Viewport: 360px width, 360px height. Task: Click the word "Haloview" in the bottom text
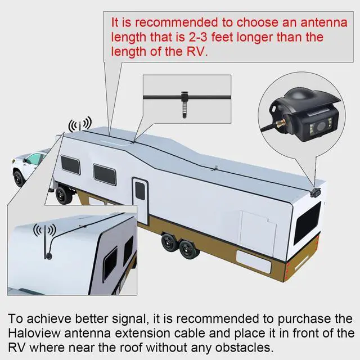click(x=34, y=334)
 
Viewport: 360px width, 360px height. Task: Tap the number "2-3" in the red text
click(x=197, y=37)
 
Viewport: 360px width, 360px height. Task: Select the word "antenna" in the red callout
click(x=324, y=22)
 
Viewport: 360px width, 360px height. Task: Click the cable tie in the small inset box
click(x=184, y=105)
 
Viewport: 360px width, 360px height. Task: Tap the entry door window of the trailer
click(x=140, y=190)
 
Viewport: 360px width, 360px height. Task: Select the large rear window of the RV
click(x=307, y=223)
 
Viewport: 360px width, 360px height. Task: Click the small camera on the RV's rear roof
click(x=315, y=192)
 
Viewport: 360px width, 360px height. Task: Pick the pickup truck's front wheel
click(x=19, y=178)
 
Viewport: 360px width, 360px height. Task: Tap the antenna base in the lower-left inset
click(x=48, y=255)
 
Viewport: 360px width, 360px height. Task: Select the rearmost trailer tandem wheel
click(x=190, y=249)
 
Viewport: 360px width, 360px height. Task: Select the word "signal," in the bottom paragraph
click(x=129, y=319)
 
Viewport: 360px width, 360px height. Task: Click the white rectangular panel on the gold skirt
click(x=254, y=261)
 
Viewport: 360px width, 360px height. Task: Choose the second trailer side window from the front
click(x=105, y=175)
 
